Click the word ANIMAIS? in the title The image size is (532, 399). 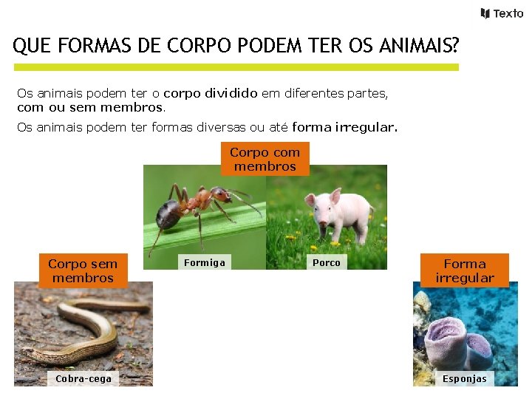(x=417, y=47)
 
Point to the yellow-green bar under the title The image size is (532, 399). (x=236, y=67)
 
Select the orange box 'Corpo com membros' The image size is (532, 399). (x=265, y=159)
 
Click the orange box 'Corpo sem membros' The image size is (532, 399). (x=83, y=270)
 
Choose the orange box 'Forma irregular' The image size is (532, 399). (x=465, y=270)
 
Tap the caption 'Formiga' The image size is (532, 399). (x=205, y=262)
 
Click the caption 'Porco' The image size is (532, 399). (x=327, y=262)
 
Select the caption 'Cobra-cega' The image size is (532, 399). (x=83, y=378)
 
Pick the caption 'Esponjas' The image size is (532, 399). (x=465, y=378)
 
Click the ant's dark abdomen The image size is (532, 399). (x=169, y=214)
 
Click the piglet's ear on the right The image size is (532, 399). (x=335, y=196)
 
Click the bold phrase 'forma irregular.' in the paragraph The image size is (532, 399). (x=344, y=127)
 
